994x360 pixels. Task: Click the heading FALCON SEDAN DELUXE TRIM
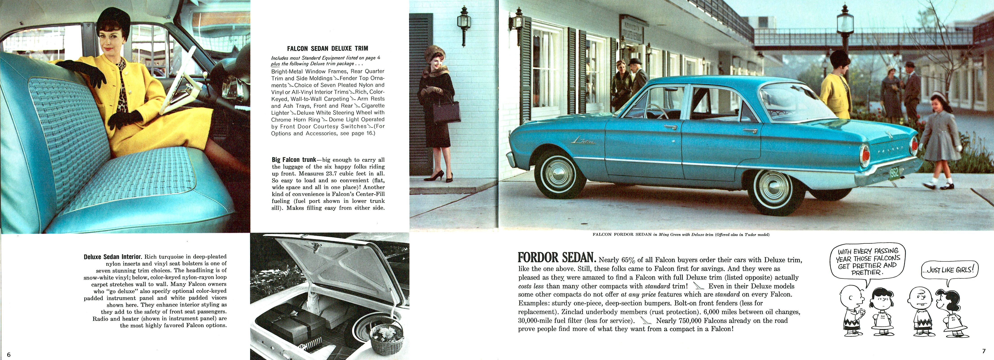(x=327, y=49)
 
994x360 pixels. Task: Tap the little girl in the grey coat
(x=941, y=139)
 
